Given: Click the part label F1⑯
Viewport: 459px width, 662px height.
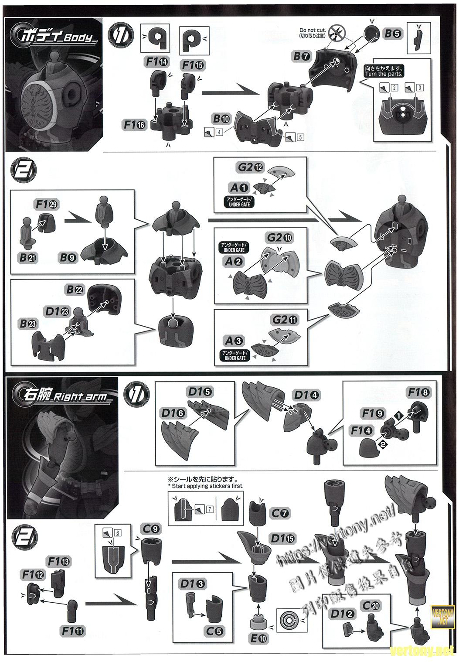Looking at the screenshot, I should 135,125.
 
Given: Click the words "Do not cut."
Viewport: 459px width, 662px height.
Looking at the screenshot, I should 310,30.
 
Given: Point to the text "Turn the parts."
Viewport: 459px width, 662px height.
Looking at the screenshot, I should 384,74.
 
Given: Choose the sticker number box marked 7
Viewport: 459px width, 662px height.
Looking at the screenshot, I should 210,508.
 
